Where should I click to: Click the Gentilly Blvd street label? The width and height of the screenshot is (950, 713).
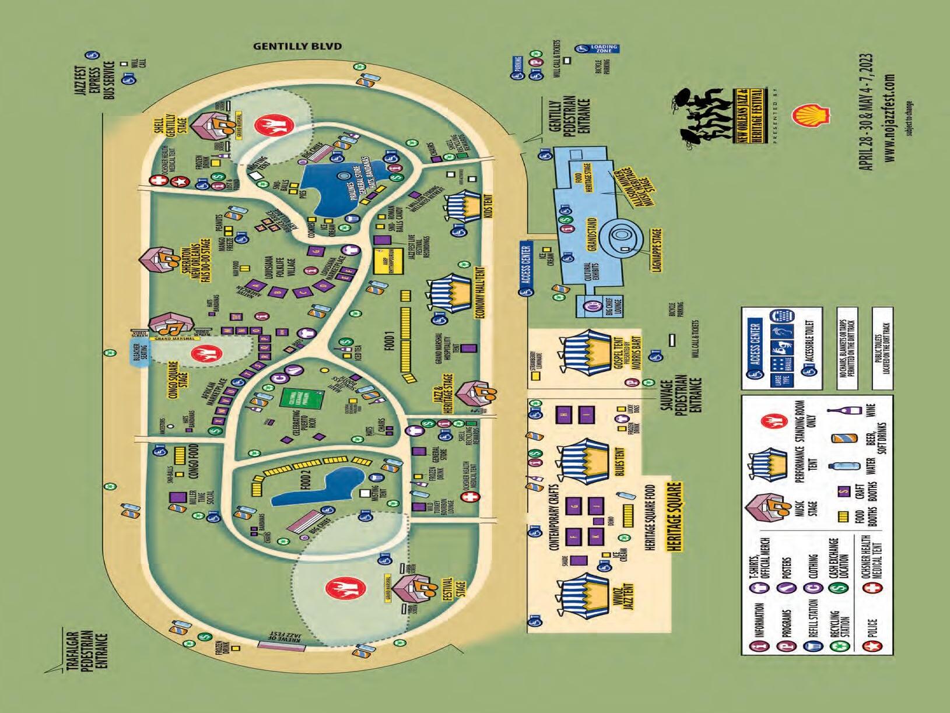pos(297,46)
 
